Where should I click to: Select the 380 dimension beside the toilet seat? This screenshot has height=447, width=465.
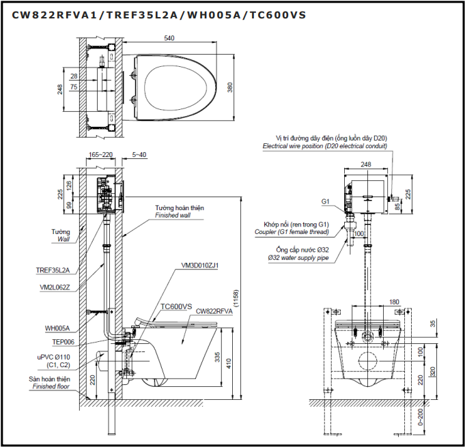click(230, 88)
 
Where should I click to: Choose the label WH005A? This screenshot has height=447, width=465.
click(58, 328)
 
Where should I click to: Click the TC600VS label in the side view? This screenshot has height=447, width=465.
click(176, 306)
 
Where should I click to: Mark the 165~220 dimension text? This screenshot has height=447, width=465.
click(100, 155)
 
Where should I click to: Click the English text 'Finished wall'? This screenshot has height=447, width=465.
click(171, 215)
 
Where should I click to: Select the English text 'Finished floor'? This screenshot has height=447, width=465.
click(51, 387)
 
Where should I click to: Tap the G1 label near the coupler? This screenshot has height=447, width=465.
click(326, 202)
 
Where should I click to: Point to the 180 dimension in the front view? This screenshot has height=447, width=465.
click(393, 301)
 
